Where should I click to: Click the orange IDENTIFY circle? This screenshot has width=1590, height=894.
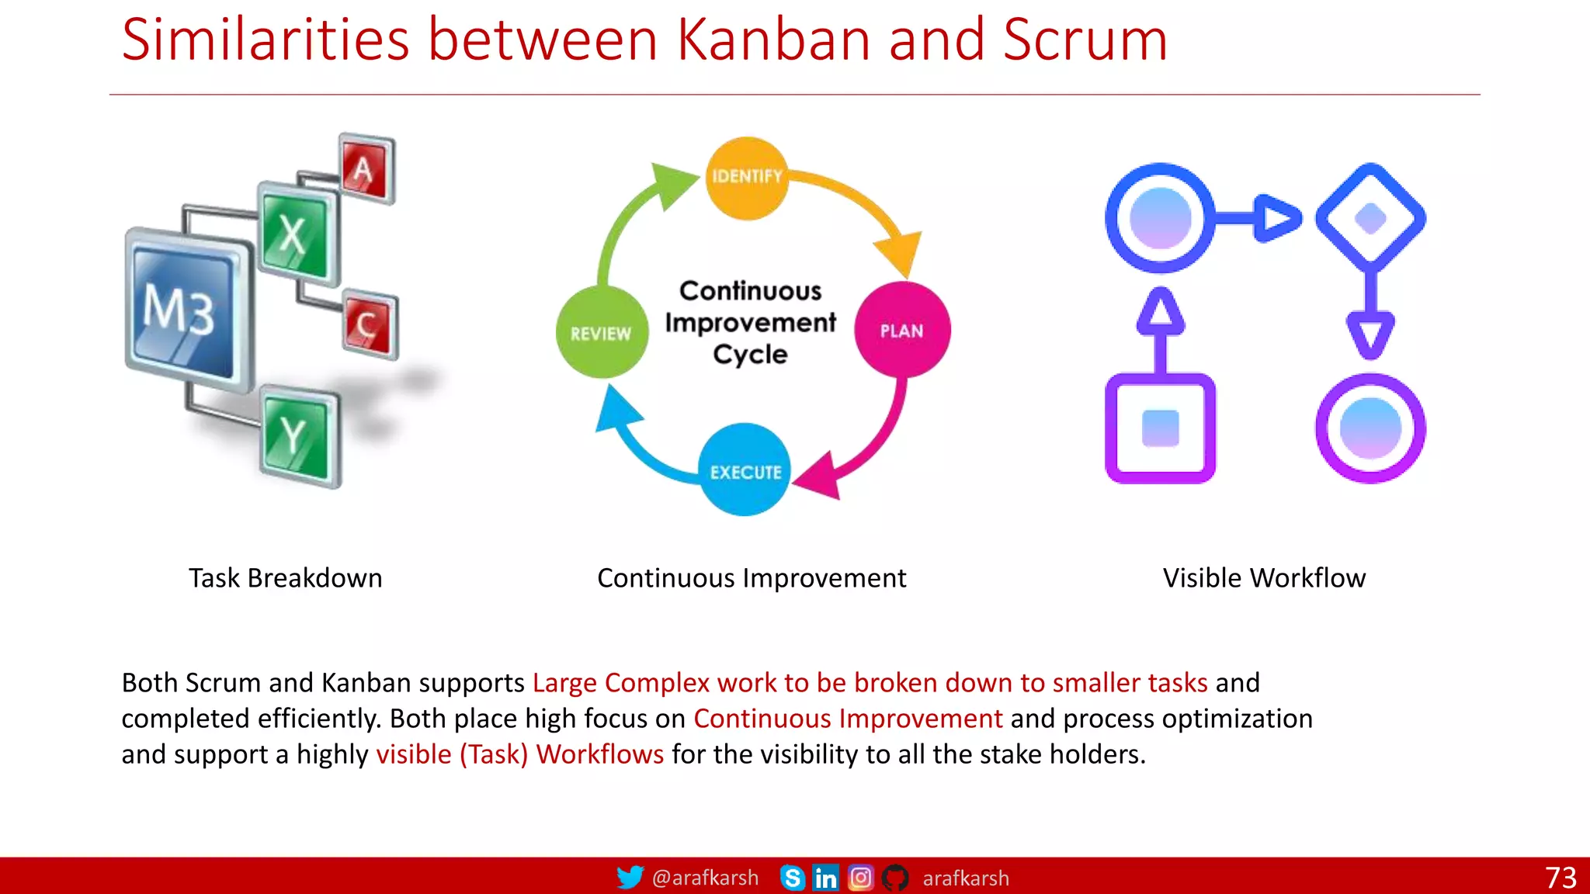tap(747, 178)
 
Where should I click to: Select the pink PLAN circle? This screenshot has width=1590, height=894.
tap(902, 331)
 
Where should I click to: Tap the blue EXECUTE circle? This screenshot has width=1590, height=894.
tap(745, 470)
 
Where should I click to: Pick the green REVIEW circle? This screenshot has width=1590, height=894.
tap(602, 332)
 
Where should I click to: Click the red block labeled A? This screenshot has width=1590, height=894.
tap(366, 169)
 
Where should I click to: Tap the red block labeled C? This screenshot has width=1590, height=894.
tap(370, 325)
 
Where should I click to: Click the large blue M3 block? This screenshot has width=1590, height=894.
tap(186, 310)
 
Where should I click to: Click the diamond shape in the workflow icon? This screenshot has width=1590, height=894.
tap(1370, 218)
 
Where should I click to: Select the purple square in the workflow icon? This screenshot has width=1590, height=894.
tap(1160, 428)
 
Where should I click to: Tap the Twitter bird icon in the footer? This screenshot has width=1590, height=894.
tap(630, 878)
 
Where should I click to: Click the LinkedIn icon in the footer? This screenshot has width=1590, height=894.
tap(825, 878)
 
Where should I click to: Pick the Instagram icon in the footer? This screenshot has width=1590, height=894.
tap(860, 878)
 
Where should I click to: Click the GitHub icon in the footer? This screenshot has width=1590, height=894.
tap(895, 878)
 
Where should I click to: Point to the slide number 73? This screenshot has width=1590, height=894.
tap(1560, 878)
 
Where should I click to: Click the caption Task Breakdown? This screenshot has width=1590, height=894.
tap(285, 578)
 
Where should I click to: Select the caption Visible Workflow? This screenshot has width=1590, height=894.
tap(1264, 578)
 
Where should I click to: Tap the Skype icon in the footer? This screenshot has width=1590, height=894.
tap(792, 878)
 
